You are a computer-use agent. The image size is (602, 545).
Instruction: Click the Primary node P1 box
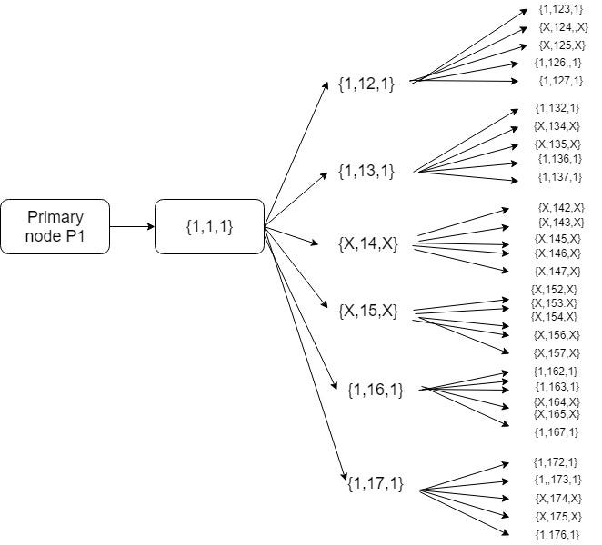(55, 226)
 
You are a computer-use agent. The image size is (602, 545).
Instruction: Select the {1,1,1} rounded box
(209, 226)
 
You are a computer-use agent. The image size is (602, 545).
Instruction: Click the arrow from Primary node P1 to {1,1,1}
(132, 226)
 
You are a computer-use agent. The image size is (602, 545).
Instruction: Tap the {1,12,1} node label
(366, 87)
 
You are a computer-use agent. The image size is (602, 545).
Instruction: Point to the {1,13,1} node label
(366, 170)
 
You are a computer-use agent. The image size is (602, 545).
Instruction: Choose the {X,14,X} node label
(367, 244)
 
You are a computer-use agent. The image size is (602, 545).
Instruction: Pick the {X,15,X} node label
(367, 311)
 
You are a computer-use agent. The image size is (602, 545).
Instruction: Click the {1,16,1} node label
(375, 390)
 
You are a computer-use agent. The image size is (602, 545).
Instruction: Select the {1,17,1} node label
(375, 483)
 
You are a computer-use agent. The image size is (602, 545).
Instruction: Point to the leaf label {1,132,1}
(557, 108)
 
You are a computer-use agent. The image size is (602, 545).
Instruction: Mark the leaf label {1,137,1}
(559, 176)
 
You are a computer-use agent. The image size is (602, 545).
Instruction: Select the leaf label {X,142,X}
(561, 208)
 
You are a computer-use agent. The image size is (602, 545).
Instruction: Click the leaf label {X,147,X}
(557, 271)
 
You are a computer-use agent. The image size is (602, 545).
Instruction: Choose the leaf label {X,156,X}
(557, 334)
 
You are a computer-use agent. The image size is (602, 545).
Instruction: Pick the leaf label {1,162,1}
(557, 371)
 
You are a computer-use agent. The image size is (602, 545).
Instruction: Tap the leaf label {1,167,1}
(557, 431)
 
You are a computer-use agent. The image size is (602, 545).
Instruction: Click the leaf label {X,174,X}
(558, 498)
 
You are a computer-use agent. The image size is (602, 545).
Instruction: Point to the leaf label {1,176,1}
(557, 533)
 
